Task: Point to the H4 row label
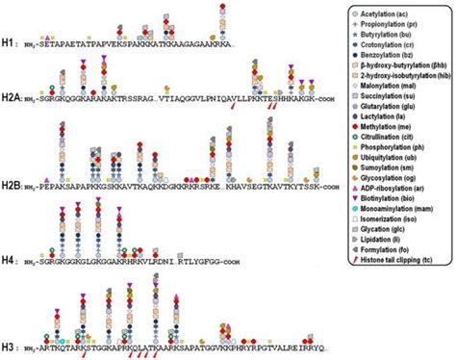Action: [x=12, y=257]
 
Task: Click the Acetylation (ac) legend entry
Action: [x=389, y=15]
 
